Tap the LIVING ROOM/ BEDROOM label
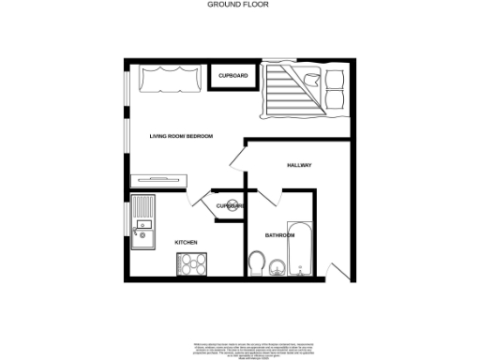(x=182, y=137)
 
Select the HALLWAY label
(x=299, y=166)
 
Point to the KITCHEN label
(x=186, y=243)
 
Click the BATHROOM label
(x=279, y=234)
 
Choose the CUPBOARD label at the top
(x=232, y=75)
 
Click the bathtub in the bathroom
(x=300, y=248)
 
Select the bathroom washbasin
(x=276, y=270)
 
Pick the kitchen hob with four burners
(x=192, y=264)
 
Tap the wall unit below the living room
(x=162, y=176)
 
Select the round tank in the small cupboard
(x=233, y=206)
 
